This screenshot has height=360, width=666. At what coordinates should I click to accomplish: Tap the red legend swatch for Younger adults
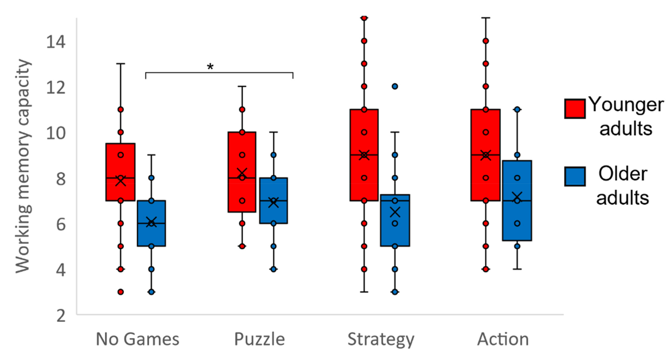click(x=575, y=109)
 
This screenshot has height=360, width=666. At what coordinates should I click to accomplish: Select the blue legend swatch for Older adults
click(x=575, y=176)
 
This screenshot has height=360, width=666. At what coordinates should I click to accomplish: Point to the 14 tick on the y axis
click(x=56, y=42)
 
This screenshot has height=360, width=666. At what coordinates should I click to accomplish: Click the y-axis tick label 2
click(x=61, y=315)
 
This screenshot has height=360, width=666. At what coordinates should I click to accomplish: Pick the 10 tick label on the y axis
click(x=56, y=133)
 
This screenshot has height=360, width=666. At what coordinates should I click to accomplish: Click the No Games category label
click(x=137, y=339)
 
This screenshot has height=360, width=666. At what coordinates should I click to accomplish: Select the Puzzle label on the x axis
click(x=259, y=339)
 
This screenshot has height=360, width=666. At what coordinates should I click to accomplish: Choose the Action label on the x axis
click(x=503, y=339)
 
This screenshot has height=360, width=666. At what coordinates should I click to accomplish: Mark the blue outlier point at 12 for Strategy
click(x=395, y=86)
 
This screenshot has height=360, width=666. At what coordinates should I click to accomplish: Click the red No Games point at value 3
click(x=121, y=292)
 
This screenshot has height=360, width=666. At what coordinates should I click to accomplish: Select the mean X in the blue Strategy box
click(x=395, y=212)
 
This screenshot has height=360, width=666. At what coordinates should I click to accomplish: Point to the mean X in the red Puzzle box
click(x=242, y=173)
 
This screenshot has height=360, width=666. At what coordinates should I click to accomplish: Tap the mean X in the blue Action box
click(x=517, y=197)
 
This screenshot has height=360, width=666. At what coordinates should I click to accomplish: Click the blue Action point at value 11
click(x=517, y=109)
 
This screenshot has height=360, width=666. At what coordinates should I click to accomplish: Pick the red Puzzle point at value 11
click(x=242, y=109)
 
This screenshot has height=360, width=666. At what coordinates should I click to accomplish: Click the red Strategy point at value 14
click(x=364, y=41)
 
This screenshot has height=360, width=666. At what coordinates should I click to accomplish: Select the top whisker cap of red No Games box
click(x=121, y=64)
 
